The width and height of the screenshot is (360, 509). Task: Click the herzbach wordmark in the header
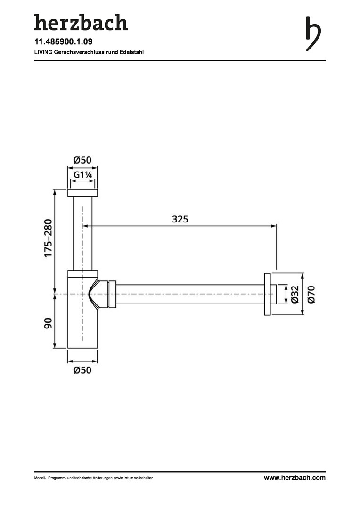coord(81,23)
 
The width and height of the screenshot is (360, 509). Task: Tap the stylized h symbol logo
coord(313,34)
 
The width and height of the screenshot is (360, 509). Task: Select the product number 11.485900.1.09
coord(63,41)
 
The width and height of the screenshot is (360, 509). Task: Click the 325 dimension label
coord(180,219)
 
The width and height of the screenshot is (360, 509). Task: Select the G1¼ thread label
coord(83,175)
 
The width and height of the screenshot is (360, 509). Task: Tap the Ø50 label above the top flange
coord(82,160)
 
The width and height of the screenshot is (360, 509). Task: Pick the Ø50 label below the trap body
coord(82,370)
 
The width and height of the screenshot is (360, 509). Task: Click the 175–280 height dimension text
coord(48,238)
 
